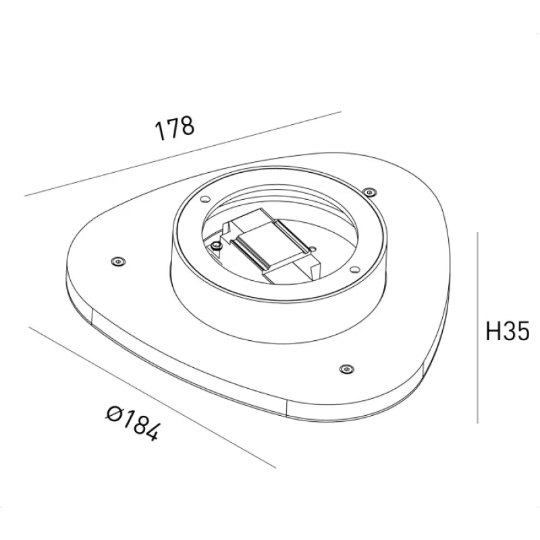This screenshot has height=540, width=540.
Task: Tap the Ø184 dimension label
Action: [133, 423]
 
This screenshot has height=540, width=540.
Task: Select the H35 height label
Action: [507, 331]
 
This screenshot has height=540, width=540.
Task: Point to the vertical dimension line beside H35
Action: [477, 327]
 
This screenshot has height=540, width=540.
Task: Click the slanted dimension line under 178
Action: [182, 154]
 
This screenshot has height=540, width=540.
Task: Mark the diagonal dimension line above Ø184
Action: [153, 398]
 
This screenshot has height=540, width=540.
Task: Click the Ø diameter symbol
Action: [113, 413]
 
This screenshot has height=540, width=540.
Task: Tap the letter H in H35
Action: [493, 331]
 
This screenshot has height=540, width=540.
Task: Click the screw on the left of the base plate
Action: [118, 262]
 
